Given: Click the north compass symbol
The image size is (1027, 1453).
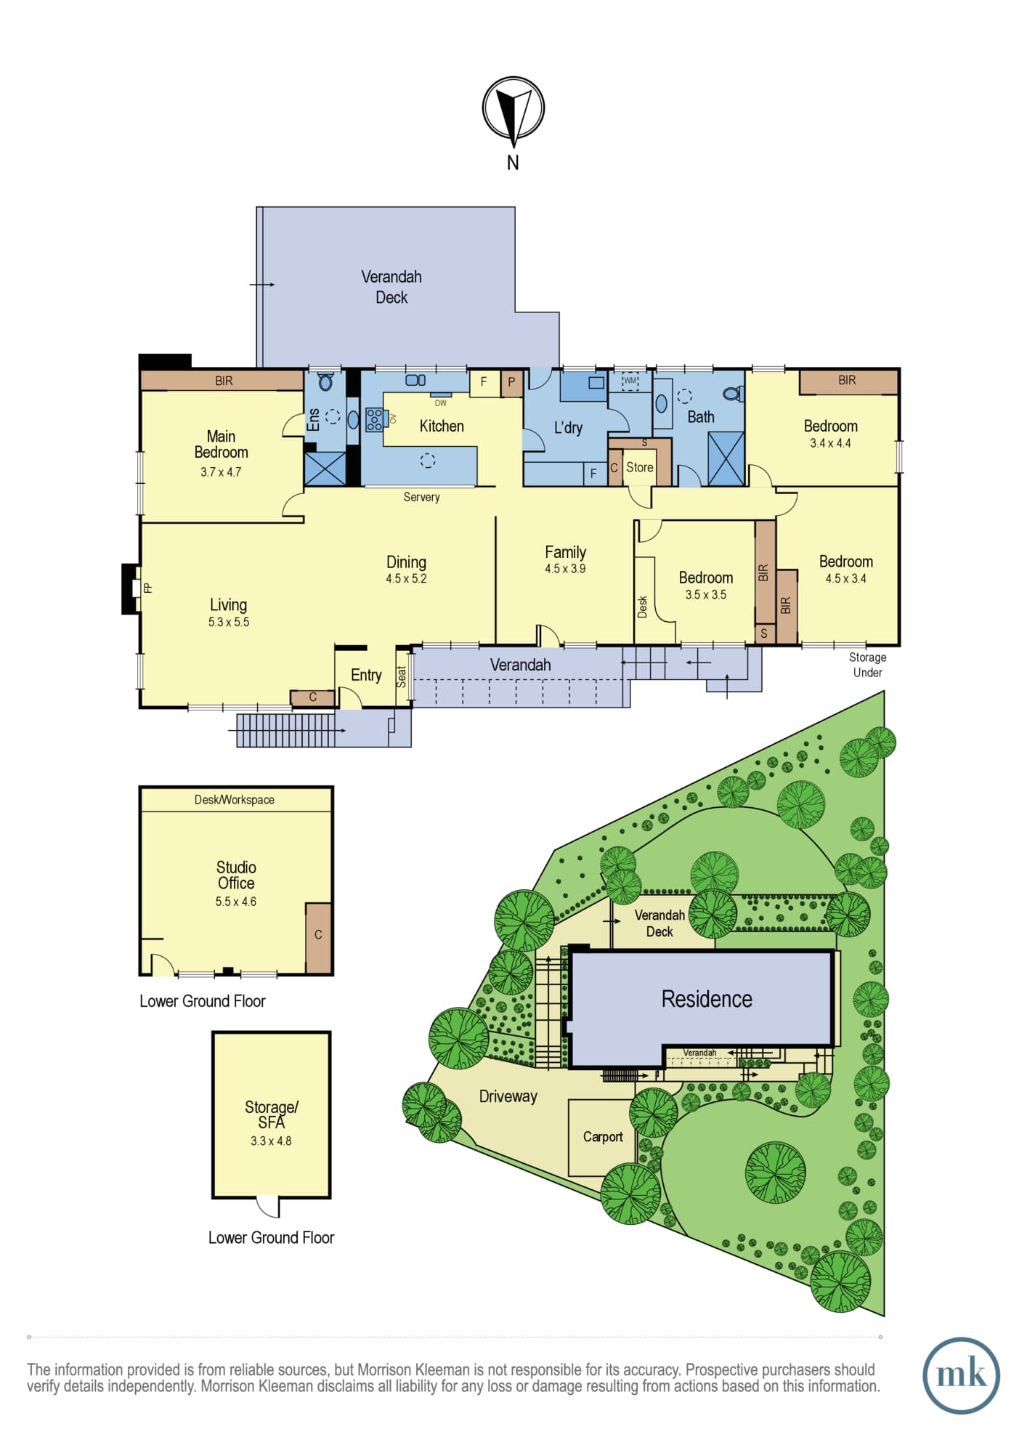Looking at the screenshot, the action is coord(513,109).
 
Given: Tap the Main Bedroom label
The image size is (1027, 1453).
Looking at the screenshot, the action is coord(221,444).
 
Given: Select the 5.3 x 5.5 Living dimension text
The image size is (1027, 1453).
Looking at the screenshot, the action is coord(229,622).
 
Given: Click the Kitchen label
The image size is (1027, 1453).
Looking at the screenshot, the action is coord(442,426).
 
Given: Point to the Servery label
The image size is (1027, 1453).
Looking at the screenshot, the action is coord(422,497).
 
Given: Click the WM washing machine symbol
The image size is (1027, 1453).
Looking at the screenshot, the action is coord(630,381).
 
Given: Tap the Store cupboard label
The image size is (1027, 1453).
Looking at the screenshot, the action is coord(640,467).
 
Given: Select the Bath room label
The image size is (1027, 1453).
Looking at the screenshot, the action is coord(701,417).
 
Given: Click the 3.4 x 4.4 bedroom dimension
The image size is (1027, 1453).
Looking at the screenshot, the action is coord(831,443).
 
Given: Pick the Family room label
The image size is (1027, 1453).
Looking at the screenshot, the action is coord(566,552).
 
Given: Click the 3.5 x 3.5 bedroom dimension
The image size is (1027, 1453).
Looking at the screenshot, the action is coord(706,594).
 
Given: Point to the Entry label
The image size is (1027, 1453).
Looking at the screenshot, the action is coord(366,675).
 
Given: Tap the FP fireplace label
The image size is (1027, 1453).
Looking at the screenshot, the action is coord(148,588).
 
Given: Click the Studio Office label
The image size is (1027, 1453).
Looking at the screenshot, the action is coord(236,875).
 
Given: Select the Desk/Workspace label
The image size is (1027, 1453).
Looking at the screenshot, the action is coord(235,800).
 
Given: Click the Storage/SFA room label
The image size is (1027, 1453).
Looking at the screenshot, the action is coord(272,1114).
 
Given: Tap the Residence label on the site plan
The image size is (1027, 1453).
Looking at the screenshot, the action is coord(707,999).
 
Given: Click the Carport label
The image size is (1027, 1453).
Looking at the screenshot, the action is coord(603,1137).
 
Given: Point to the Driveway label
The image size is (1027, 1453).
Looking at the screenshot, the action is coord(508,1096).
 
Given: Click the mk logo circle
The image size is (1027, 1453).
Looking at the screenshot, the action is coord(962,1375).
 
